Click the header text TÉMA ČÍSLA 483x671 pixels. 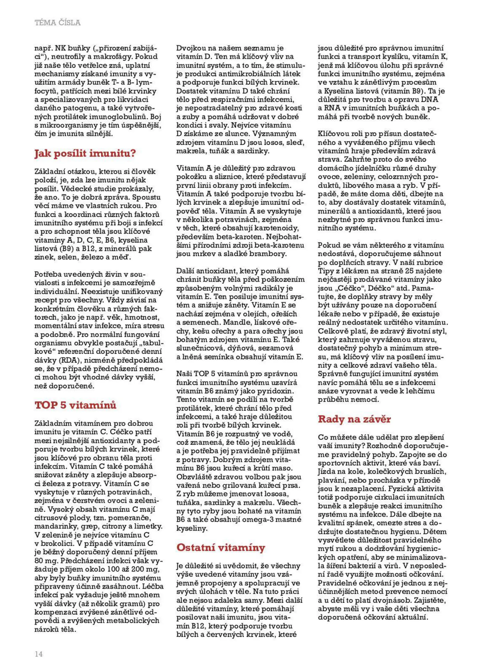click(57, 22)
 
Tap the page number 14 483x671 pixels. click(39, 654)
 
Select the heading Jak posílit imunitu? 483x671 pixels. click(85, 153)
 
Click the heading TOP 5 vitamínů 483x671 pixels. click(75, 405)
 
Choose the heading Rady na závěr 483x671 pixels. click(354, 419)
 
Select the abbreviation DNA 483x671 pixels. click(430, 100)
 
